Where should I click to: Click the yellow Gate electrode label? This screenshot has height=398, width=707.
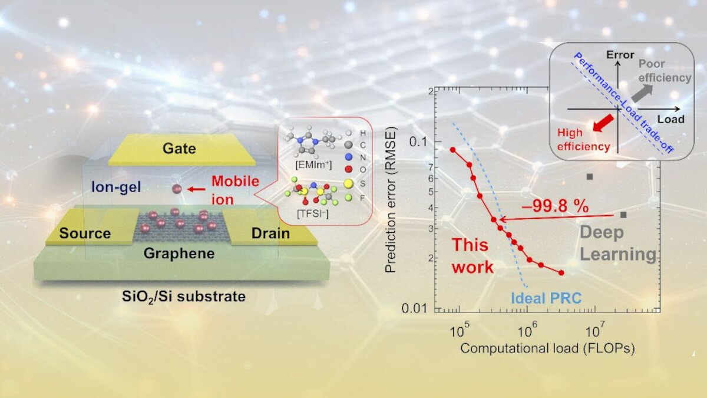point(179,148)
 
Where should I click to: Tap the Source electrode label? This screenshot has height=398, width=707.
point(85,233)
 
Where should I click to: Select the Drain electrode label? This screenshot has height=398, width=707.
point(270,233)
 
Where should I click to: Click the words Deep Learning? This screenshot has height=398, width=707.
point(617,243)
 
